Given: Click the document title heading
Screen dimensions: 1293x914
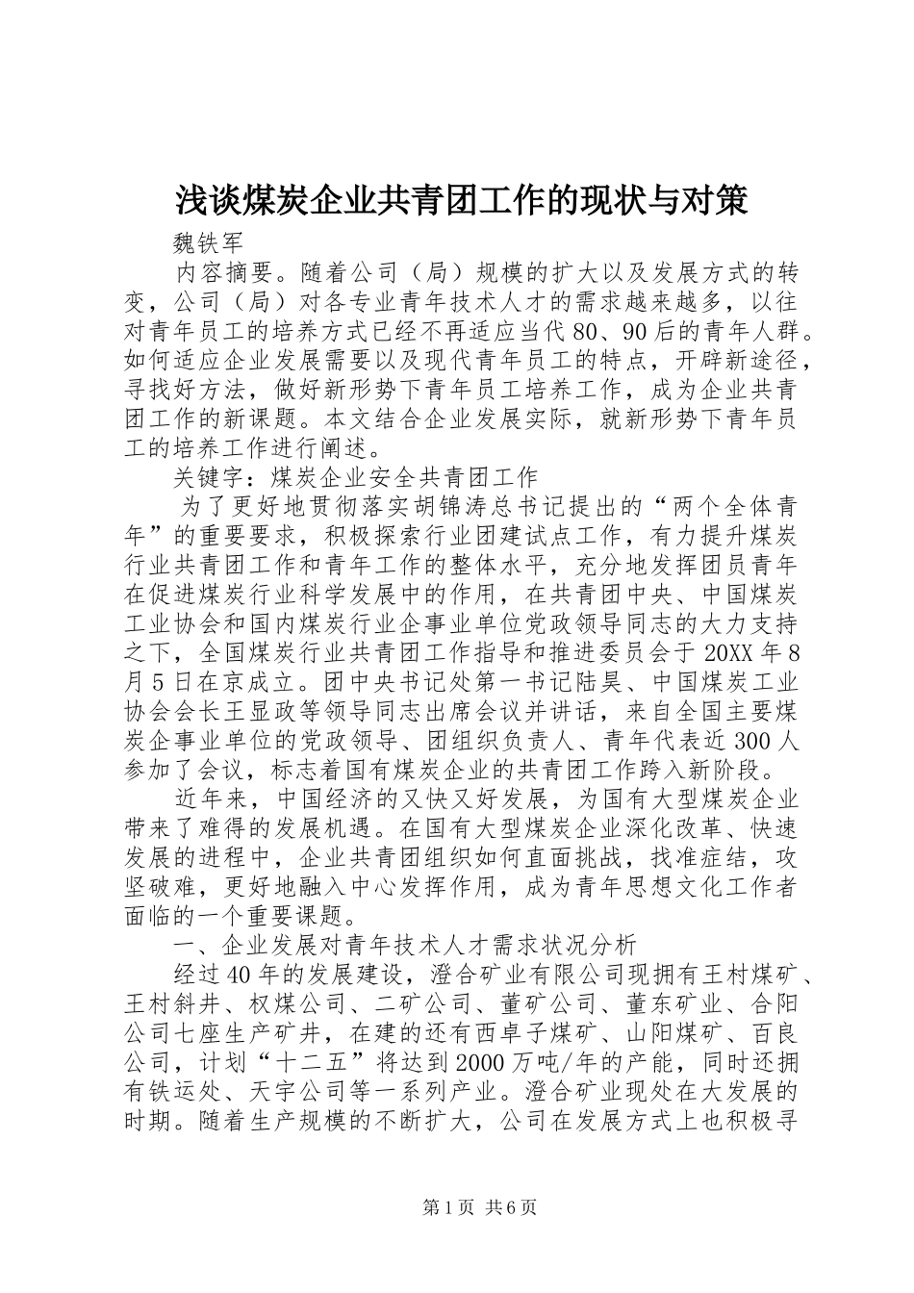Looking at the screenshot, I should click(461, 201).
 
